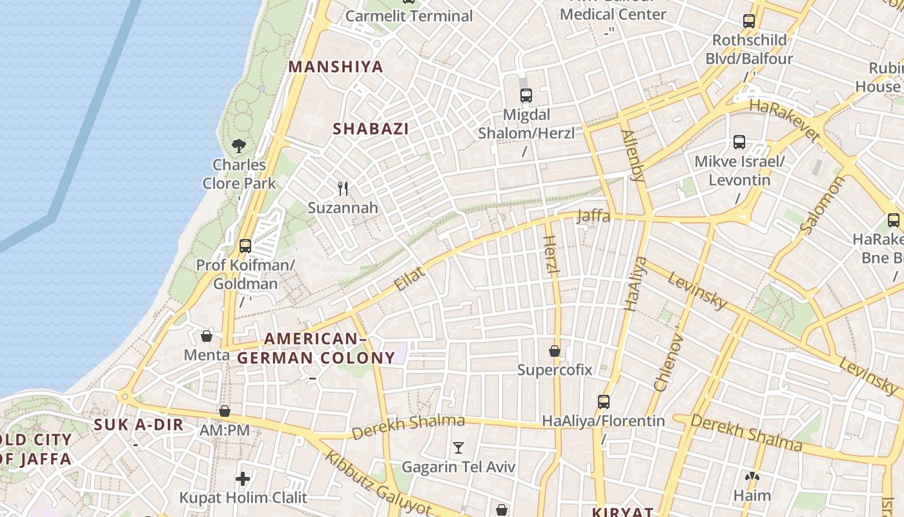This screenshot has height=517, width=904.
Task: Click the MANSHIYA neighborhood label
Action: pyautogui.click(x=336, y=67)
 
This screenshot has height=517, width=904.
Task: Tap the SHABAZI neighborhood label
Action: pyautogui.click(x=371, y=129)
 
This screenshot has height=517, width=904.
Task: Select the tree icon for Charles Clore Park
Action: pyautogui.click(x=239, y=145)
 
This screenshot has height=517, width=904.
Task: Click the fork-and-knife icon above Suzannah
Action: pyautogui.click(x=343, y=189)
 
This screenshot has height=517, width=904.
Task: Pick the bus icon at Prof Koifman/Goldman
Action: pyautogui.click(x=245, y=246)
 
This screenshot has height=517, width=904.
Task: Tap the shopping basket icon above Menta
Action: pyautogui.click(x=207, y=336)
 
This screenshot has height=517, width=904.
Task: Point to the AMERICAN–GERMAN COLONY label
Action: pyautogui.click(x=316, y=348)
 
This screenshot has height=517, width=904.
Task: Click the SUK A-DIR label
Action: pyautogui.click(x=139, y=425)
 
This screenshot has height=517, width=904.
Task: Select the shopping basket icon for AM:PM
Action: pyautogui.click(x=225, y=411)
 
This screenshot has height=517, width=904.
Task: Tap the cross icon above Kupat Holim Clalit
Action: pyautogui.click(x=243, y=479)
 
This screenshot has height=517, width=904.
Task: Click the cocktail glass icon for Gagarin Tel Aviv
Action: pyautogui.click(x=458, y=448)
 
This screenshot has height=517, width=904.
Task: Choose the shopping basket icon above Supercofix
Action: pyautogui.click(x=555, y=352)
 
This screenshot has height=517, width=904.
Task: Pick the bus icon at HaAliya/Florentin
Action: pyautogui.click(x=604, y=402)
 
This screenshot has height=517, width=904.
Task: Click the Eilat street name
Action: pyautogui.click(x=410, y=279)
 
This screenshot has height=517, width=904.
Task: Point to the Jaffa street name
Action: pyautogui.click(x=593, y=216)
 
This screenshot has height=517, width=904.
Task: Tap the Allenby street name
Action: pyautogui.click(x=633, y=155)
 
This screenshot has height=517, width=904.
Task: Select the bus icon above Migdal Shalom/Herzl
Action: pyautogui.click(x=526, y=96)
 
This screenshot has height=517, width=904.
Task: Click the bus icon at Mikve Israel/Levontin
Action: pyautogui.click(x=739, y=142)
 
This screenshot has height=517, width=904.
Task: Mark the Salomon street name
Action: pyautogui.click(x=821, y=205)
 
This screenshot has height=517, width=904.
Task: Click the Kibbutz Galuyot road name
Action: pyautogui.click(x=378, y=483)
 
